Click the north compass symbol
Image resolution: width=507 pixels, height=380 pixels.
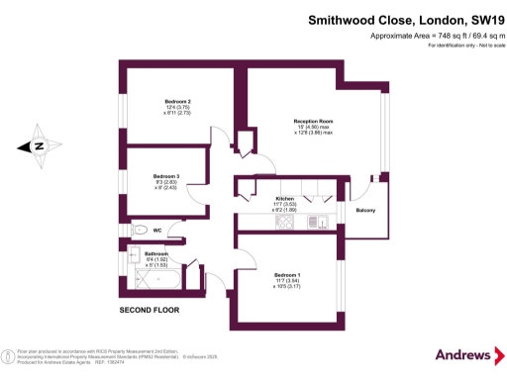[x=38, y=146]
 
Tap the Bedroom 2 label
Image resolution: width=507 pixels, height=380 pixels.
[x=177, y=102]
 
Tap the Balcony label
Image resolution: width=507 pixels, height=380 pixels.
[x=364, y=210]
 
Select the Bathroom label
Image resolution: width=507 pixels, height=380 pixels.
[x=157, y=254]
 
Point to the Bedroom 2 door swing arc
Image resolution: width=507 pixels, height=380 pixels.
[x=223, y=141]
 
